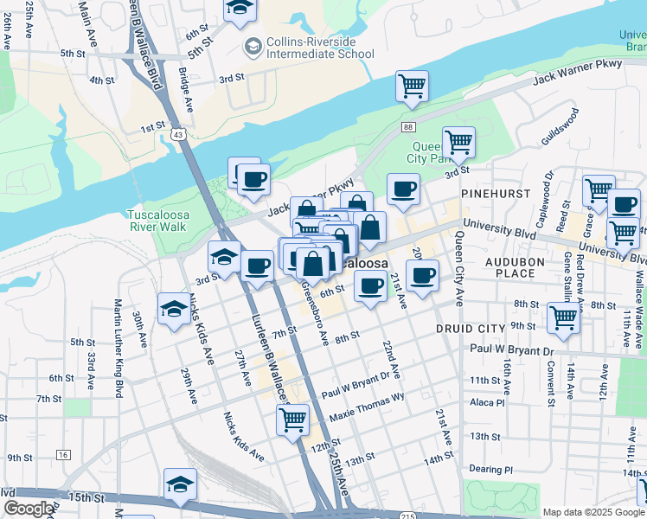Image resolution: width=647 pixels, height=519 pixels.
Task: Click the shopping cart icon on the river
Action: click(x=412, y=86)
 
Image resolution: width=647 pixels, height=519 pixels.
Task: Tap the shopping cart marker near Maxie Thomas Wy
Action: click(x=292, y=420)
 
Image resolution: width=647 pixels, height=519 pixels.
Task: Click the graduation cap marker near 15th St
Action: click(x=180, y=484)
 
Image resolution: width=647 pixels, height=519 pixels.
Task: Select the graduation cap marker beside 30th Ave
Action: click(x=174, y=310)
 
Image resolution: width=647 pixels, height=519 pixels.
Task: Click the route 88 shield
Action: click(x=408, y=126)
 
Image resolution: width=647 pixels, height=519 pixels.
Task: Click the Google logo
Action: click(x=29, y=509)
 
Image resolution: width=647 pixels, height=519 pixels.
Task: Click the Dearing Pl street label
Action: click(x=492, y=470)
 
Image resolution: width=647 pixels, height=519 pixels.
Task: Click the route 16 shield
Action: click(x=61, y=454)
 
